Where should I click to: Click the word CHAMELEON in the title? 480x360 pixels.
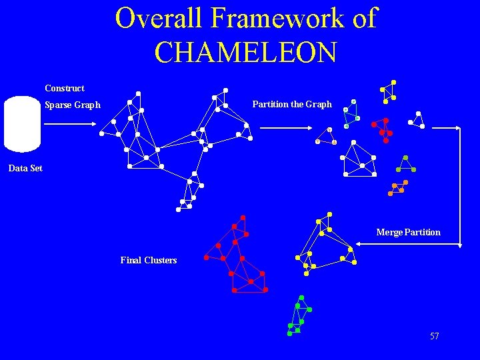[x=245, y=51]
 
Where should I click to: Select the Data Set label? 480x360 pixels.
[x=25, y=169]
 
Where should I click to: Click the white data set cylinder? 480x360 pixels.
[x=22, y=124]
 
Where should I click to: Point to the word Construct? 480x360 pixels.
[x=65, y=88]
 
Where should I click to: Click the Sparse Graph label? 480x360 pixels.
[x=72, y=105]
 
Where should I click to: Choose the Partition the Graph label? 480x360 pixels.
[x=291, y=104]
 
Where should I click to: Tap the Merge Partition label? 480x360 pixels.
[x=408, y=232]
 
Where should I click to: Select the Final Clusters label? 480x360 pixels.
[x=148, y=260]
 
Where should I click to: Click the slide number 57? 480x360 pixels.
[x=435, y=337]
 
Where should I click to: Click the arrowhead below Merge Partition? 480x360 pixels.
[x=359, y=245]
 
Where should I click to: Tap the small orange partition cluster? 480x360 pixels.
[x=398, y=187]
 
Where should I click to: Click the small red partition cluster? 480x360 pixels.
[x=382, y=130]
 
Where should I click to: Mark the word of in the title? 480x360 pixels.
[x=364, y=18]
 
